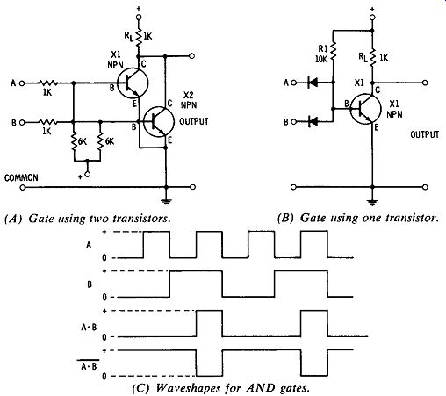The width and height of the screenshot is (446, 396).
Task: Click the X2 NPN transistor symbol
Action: pos(159,121)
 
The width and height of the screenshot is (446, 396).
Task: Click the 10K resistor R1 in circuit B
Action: pos(333,53)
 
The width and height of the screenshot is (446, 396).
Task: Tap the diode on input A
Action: pos(313,83)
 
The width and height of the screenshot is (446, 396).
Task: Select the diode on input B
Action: pos(313,121)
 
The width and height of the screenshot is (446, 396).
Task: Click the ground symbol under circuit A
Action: pos(166,201)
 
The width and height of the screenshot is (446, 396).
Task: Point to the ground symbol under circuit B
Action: pos(372,202)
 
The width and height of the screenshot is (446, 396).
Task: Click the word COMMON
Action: pos(21,178)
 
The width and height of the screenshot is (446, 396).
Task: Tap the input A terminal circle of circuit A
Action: pos(22,83)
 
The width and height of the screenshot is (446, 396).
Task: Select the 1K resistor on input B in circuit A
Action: pos(47,122)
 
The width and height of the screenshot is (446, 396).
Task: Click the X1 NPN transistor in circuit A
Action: pos(133,83)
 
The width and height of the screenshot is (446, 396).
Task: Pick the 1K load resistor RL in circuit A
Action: pos(139,37)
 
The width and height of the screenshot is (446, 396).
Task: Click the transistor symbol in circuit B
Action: pos(366,109)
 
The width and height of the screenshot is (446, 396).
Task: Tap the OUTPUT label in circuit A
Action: pos(194,121)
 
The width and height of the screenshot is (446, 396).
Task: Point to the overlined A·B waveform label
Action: pos(89,364)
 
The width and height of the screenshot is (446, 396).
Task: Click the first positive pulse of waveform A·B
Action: pos(209,323)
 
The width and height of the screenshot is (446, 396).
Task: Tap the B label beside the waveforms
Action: pos(90,284)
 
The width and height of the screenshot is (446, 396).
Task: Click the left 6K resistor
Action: pos(74,141)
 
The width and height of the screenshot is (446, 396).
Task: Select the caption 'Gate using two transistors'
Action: pos(88,219)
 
